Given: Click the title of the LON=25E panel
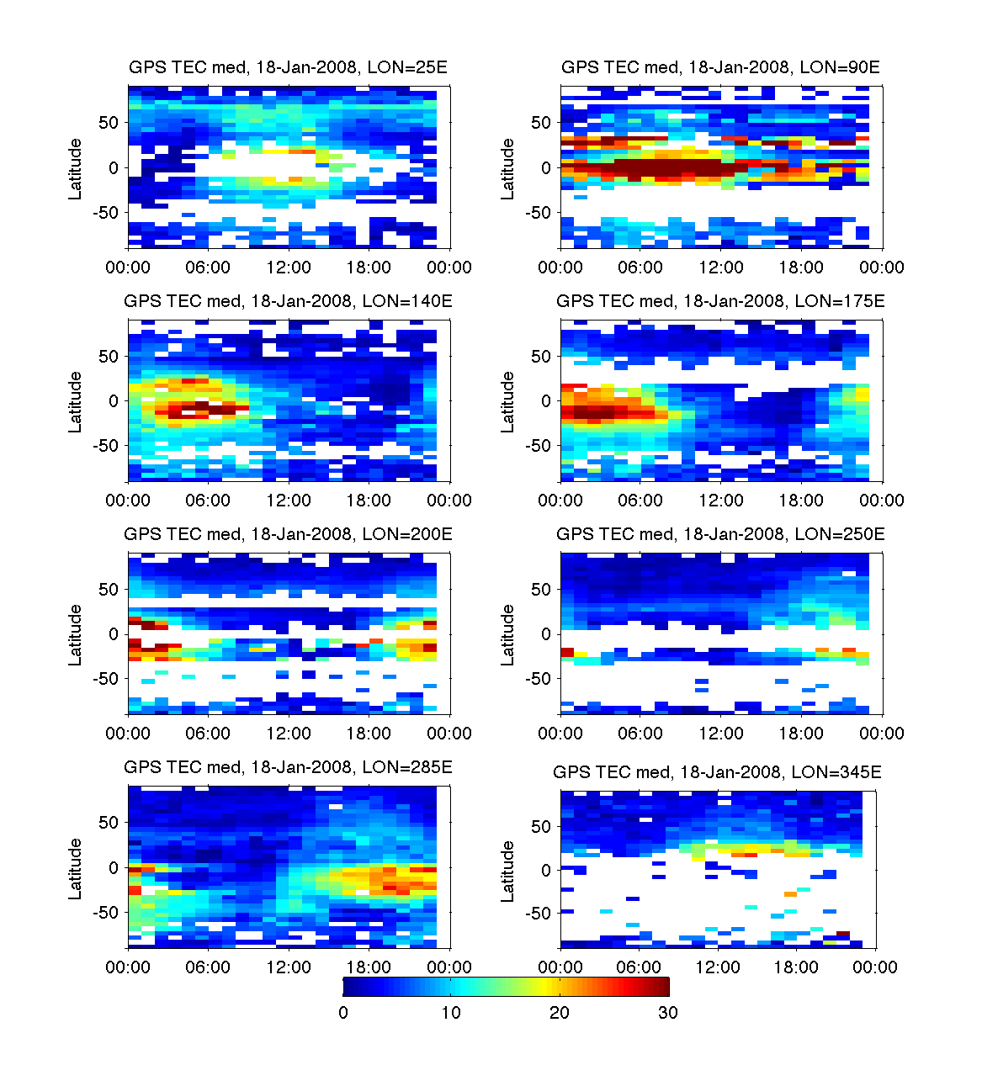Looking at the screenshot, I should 288,67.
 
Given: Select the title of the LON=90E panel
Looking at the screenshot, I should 720,67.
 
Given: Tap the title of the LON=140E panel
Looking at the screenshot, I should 288,300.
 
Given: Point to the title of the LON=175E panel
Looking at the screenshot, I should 720,300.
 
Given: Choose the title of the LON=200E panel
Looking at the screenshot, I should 288,533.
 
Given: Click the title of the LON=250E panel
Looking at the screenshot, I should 720,533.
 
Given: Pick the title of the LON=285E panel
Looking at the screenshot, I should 288,766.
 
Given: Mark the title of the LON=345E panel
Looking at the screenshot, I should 717,771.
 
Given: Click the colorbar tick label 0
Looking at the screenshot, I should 343,1013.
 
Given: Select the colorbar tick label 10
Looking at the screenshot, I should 451,1013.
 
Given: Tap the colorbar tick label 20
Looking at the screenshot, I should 560,1013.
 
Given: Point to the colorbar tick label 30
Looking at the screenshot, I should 667,1013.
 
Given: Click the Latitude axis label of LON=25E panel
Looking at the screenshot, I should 76,169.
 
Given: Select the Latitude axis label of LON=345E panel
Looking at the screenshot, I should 507,872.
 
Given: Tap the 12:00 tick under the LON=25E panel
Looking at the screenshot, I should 289,268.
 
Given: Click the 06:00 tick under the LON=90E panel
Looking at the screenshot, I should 640,268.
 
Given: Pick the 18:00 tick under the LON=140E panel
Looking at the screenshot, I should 369,501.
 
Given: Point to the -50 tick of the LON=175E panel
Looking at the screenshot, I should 539,446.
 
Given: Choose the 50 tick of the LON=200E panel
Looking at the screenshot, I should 109,590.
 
